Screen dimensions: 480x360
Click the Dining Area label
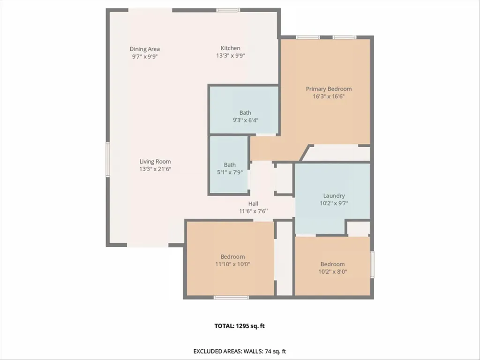(x=144, y=49)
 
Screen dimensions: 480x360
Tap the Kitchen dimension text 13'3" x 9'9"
(x=231, y=56)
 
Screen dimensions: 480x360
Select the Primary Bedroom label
(x=329, y=89)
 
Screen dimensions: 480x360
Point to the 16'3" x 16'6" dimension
(x=329, y=97)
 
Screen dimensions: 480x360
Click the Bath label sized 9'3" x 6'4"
(x=245, y=112)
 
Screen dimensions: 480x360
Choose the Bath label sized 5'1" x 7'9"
(x=230, y=165)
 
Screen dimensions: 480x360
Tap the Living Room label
(x=155, y=162)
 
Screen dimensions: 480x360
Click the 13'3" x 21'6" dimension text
(x=155, y=169)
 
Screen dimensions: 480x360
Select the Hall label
(x=253, y=203)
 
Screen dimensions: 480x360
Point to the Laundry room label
(x=334, y=195)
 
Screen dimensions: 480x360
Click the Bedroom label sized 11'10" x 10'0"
(x=232, y=256)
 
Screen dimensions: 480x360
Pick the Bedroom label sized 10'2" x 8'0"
(x=332, y=264)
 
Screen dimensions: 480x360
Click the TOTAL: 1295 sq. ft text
(x=240, y=326)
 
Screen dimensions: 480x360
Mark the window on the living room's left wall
(x=108, y=159)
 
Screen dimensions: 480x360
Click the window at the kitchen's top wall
(x=228, y=10)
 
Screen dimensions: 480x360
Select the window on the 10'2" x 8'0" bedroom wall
(x=372, y=264)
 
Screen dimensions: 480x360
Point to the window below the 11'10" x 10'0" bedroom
(x=231, y=297)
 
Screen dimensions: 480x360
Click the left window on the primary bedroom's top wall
(x=308, y=37)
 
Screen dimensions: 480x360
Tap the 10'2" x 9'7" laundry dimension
(x=334, y=203)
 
